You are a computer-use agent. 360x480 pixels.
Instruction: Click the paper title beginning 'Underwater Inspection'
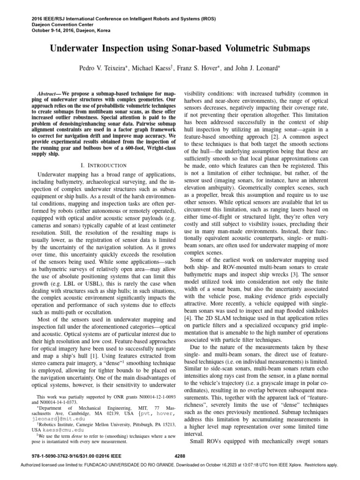(180, 49)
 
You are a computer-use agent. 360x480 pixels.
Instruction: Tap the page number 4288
(180, 455)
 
